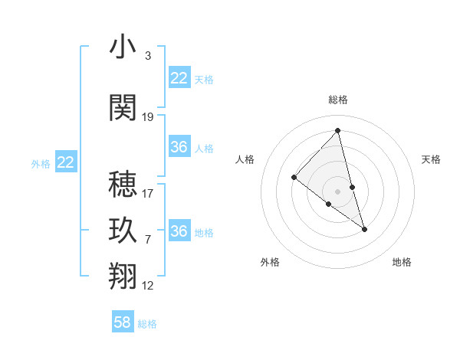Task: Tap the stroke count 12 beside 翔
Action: click(148, 286)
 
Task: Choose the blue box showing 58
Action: click(123, 322)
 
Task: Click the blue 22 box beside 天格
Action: click(179, 78)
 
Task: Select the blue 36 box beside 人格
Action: click(179, 147)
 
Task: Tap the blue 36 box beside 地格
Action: click(179, 231)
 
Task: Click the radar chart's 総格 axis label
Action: click(338, 100)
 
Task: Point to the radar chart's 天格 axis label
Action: click(432, 159)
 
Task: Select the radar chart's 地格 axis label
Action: click(402, 262)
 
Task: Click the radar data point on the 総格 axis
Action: click(338, 131)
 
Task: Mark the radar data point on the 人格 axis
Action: click(294, 178)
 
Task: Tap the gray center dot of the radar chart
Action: click(338, 191)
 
